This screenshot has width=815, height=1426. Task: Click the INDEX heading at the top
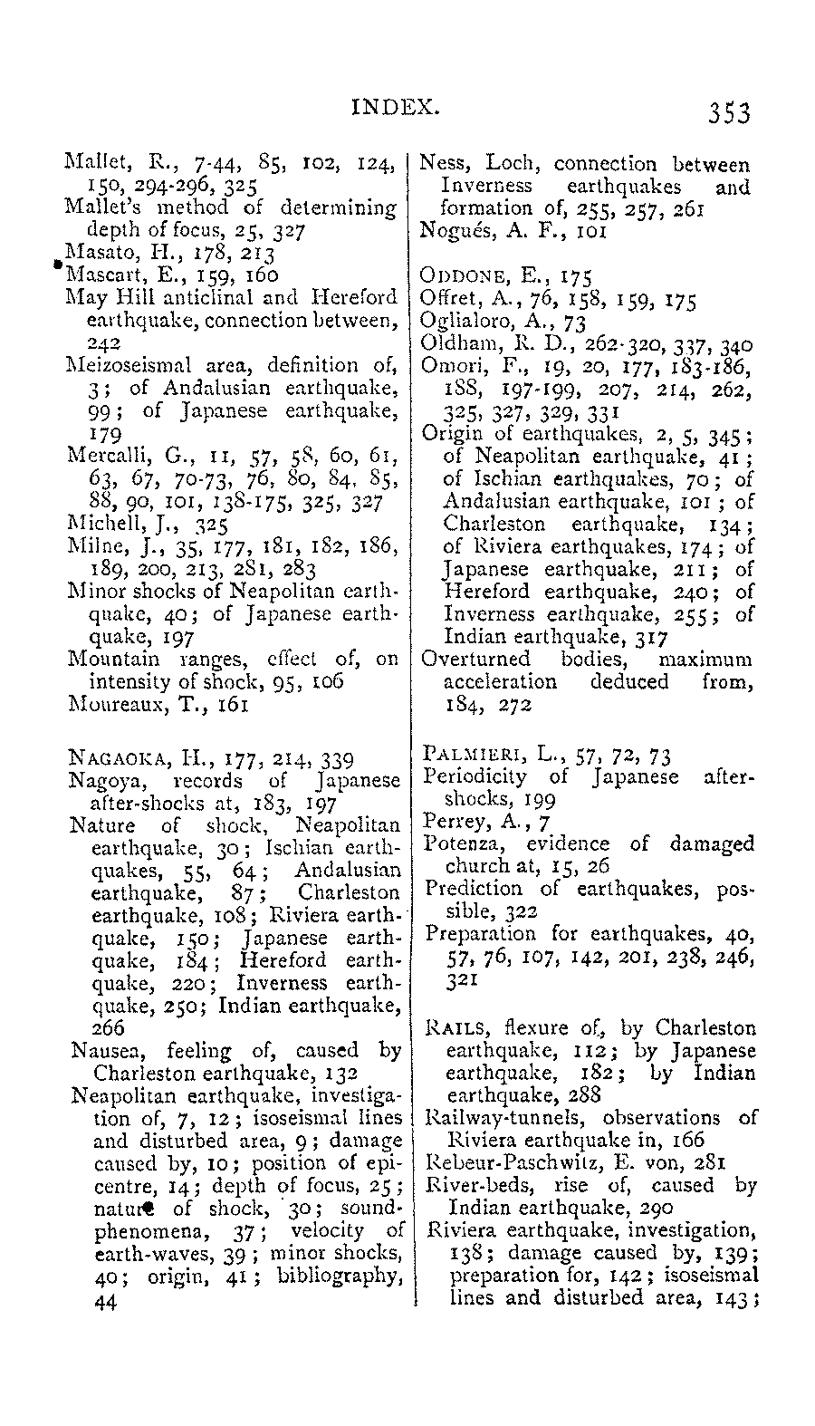[395, 107]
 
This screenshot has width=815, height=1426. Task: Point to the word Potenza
[460, 844]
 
